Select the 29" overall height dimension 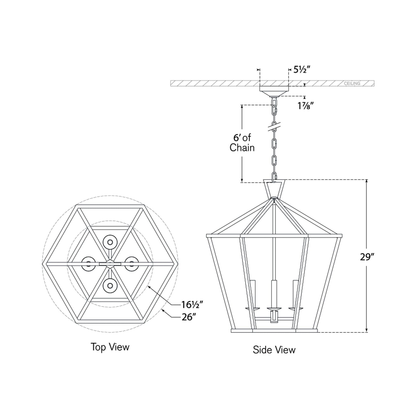point(367,257)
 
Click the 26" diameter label point(188,317)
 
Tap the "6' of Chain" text point(242,143)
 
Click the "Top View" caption point(110,347)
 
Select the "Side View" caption point(274,350)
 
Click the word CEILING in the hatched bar point(352,83)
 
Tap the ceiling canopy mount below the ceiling point(274,91)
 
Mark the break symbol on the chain point(274,127)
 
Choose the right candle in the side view point(296,294)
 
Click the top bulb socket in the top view point(110,242)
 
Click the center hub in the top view point(110,264)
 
